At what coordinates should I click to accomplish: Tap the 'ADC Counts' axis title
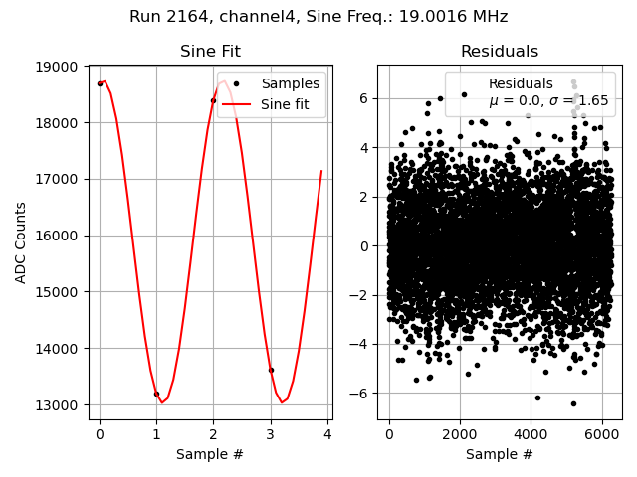point(22,242)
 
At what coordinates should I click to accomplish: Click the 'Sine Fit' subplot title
point(210,52)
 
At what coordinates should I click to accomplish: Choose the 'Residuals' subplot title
point(500,52)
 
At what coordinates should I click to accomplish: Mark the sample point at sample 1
point(156,394)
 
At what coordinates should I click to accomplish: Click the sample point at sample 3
point(271,370)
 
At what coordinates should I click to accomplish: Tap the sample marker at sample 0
point(100,83)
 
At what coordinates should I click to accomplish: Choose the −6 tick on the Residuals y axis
point(364,394)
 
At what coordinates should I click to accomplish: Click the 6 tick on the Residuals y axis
point(366,98)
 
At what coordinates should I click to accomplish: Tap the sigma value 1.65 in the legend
point(595,101)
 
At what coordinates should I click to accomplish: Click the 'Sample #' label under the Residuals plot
point(500,454)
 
